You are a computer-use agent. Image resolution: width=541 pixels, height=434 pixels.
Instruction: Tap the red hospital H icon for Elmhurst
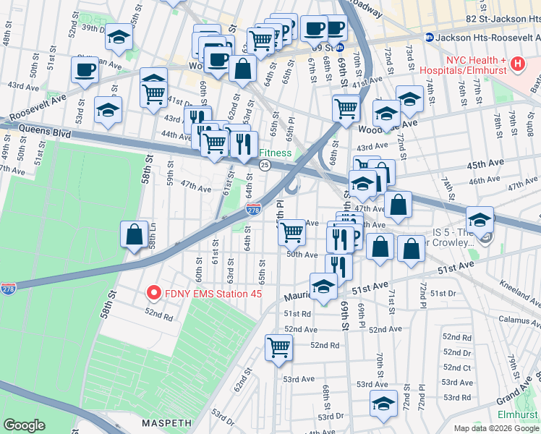click(517, 64)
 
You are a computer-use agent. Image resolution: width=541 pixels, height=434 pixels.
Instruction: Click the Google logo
click(25, 425)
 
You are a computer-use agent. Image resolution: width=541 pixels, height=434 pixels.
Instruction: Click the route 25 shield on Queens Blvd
click(265, 166)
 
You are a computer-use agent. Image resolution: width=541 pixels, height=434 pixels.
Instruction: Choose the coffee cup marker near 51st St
click(85, 70)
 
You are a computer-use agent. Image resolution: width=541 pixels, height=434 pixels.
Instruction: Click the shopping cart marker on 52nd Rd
click(278, 348)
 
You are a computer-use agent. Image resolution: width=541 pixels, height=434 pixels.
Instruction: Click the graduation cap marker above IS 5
click(480, 219)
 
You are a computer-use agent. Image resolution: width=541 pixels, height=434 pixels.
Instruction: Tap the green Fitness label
click(276, 153)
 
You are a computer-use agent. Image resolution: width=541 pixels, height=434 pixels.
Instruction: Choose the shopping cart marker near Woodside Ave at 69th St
click(346, 109)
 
